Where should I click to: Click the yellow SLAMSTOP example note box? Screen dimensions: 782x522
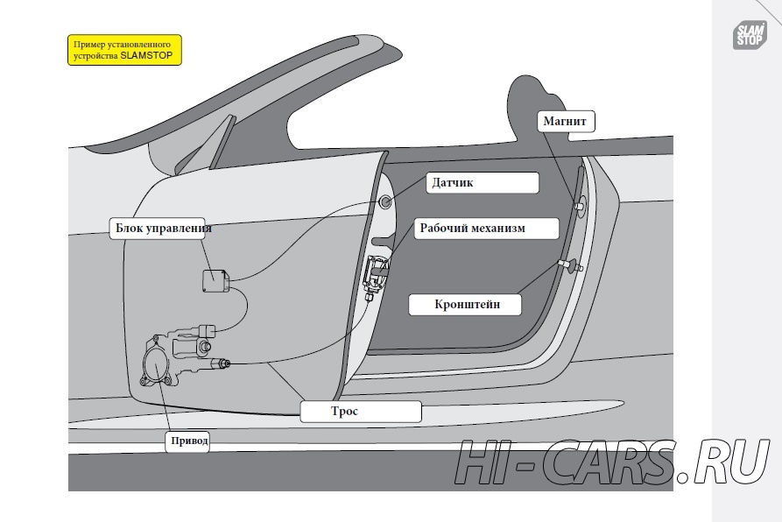[124, 50]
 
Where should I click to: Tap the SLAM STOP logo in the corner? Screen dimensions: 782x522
[749, 35]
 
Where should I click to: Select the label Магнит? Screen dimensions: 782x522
[566, 121]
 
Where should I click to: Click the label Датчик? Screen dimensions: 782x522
[483, 182]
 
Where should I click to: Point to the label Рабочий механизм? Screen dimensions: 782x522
[486, 229]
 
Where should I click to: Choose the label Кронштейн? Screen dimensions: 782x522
[465, 304]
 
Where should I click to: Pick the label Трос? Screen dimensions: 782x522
[361, 412]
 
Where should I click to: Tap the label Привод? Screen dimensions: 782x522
[187, 441]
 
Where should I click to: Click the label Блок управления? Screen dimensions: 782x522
[161, 229]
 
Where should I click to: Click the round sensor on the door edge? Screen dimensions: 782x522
[385, 202]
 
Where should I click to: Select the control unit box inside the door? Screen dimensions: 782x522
[215, 280]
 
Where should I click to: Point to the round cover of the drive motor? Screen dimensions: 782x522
[157, 364]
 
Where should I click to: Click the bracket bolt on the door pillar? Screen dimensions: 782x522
[571, 265]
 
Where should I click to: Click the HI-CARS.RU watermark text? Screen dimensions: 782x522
[612, 462]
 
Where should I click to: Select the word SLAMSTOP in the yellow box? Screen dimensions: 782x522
[146, 56]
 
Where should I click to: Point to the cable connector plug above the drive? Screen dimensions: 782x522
[207, 330]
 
